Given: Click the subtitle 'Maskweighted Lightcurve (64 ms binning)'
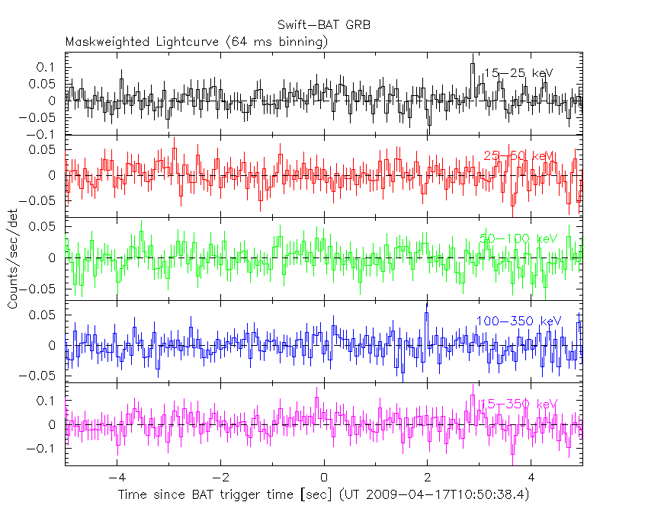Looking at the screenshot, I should (197, 41).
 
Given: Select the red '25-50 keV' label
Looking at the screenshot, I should (519, 156).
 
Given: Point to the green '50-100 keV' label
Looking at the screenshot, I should (518, 238).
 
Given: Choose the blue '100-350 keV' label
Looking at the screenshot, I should (518, 321).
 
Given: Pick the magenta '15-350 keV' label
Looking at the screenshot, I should (518, 404).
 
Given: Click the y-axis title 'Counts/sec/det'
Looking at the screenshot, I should (13, 259).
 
